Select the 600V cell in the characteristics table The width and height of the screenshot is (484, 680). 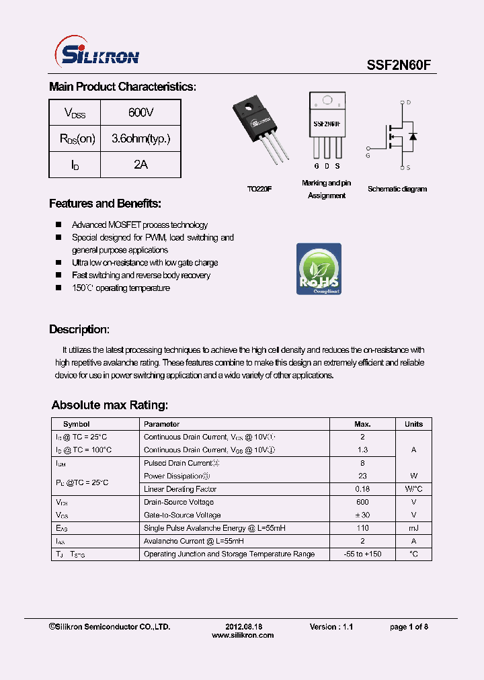140,112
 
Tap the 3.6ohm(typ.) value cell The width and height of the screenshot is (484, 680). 140,138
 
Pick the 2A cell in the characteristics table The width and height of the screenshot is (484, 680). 140,165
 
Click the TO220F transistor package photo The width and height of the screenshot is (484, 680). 262,132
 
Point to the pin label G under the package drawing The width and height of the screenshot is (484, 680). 316,166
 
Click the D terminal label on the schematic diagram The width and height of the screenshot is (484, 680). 409,103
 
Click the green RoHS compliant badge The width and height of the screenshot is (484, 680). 319,269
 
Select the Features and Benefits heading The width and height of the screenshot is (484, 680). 105,204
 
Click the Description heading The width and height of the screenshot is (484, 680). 79,329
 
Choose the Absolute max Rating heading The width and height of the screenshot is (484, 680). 110,405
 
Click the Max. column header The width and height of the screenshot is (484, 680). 362,424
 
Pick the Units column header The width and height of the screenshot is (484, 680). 413,424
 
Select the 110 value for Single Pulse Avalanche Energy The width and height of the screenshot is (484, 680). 362,528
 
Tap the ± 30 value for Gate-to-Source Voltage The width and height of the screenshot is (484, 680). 362,515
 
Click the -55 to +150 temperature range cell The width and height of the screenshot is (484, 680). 362,554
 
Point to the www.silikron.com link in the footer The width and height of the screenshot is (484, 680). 242,635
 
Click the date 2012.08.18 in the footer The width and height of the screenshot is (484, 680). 242,626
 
